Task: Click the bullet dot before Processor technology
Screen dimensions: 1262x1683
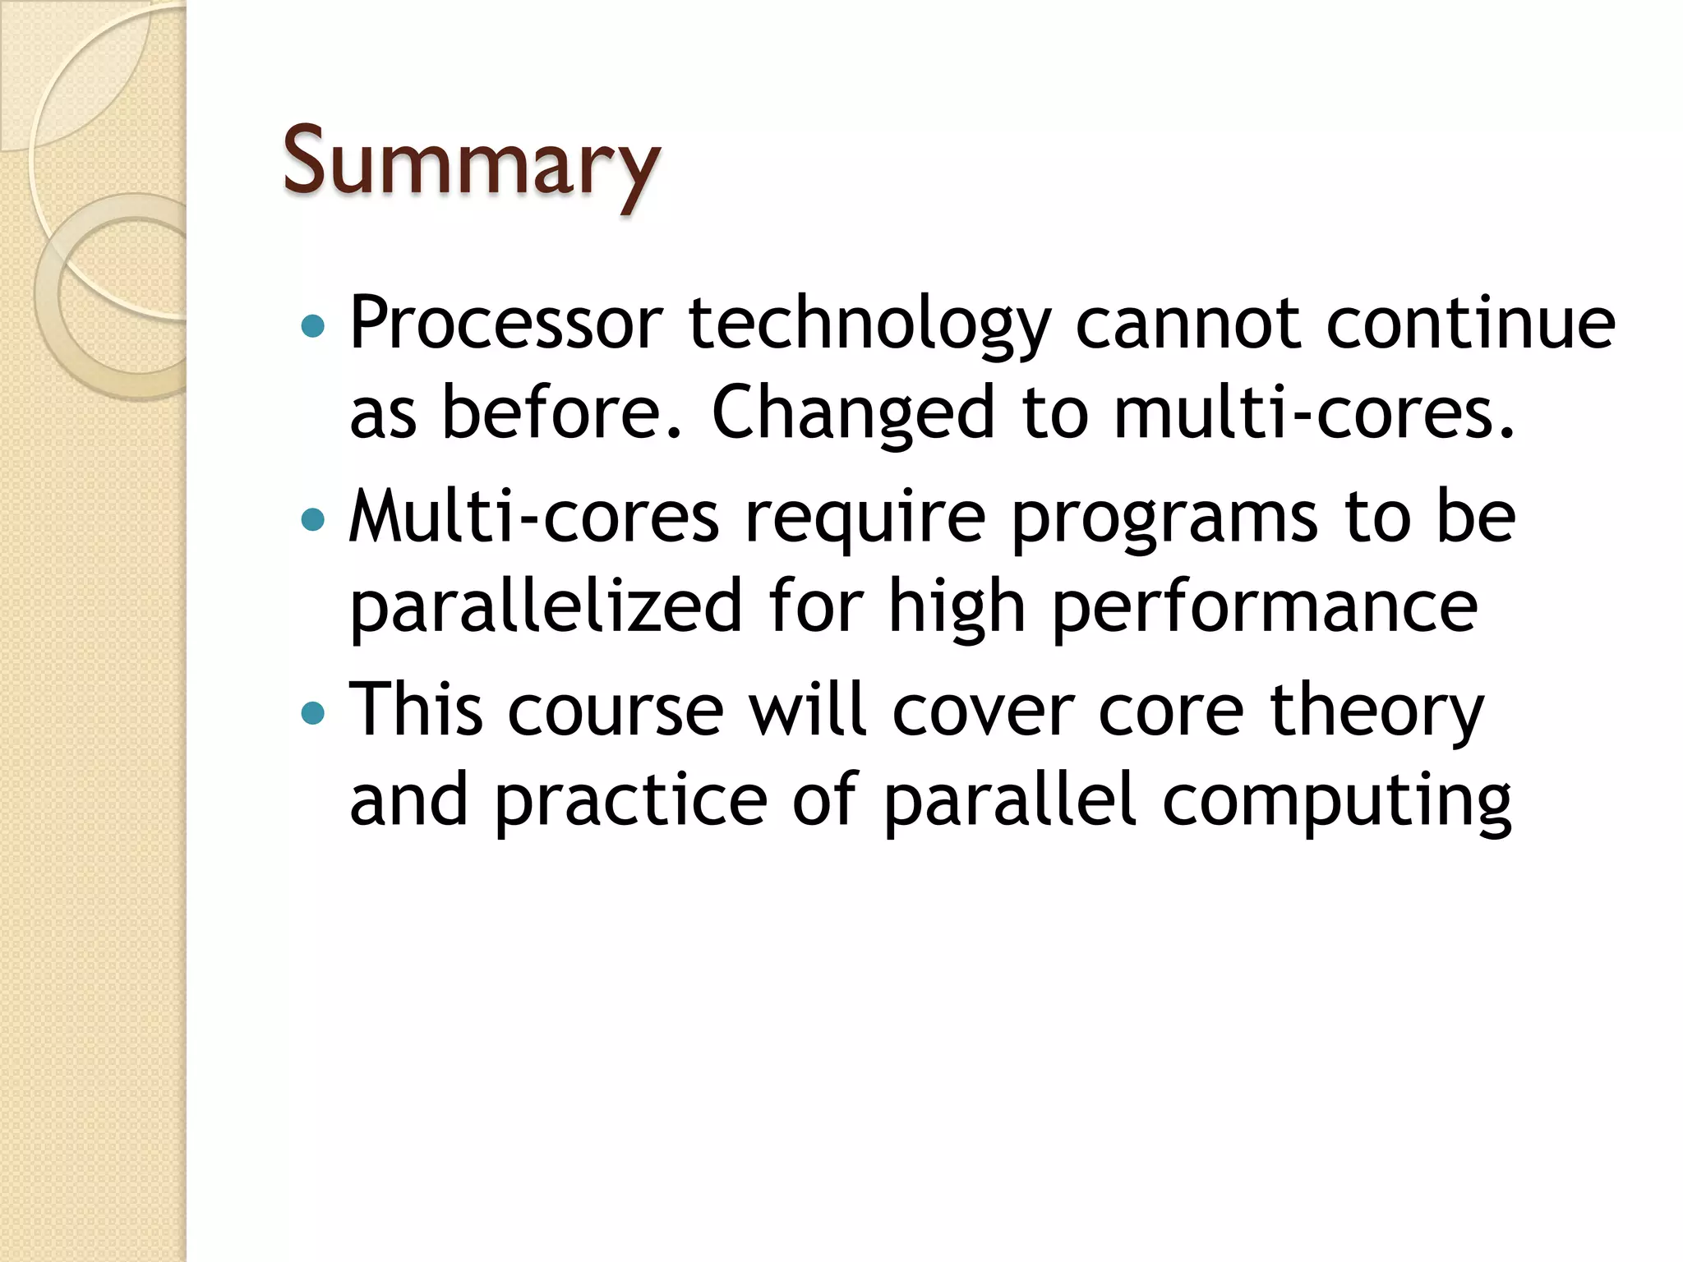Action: pos(313,327)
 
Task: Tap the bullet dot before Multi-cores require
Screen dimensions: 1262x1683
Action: pos(313,519)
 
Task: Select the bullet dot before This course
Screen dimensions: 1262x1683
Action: pos(313,712)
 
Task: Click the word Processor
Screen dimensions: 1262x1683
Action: pos(506,323)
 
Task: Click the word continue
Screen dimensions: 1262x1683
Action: pos(1471,323)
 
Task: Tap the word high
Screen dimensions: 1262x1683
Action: pos(957,608)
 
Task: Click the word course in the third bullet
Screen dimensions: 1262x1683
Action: pos(616,711)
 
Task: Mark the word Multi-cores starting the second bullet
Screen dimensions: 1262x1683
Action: pos(534,518)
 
